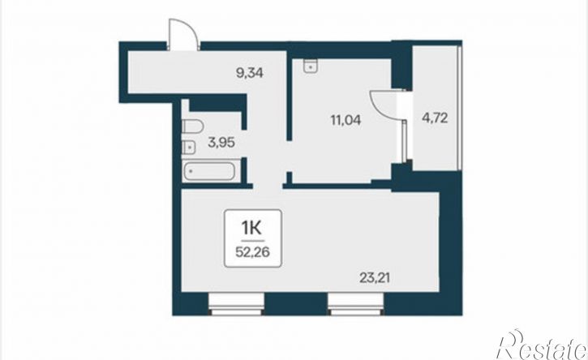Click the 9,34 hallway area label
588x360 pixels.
(x=249, y=72)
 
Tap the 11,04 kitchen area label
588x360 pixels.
(x=346, y=120)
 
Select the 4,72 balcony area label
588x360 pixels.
(x=435, y=118)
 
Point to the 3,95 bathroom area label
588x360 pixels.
(x=221, y=143)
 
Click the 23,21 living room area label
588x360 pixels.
(x=375, y=278)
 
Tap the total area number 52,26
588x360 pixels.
(x=252, y=252)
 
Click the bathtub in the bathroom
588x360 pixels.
(x=209, y=171)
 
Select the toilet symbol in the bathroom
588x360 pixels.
(x=193, y=126)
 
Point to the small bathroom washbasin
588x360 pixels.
(x=189, y=147)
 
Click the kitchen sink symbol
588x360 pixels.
(x=311, y=66)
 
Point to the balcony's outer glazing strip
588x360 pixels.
(x=460, y=108)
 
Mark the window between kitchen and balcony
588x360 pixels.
(x=404, y=141)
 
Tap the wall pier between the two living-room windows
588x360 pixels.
(x=296, y=304)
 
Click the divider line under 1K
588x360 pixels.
(x=253, y=240)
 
